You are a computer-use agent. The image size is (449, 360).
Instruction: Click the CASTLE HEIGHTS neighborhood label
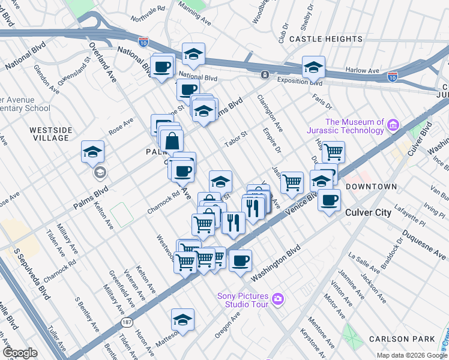(318, 38)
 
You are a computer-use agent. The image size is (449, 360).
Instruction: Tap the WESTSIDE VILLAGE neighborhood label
(51, 134)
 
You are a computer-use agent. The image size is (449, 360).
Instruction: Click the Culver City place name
(369, 212)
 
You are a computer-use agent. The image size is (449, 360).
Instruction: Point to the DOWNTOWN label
(372, 187)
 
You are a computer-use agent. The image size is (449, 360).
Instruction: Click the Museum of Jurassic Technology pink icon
(393, 125)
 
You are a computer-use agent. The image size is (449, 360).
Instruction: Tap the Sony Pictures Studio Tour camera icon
(277, 299)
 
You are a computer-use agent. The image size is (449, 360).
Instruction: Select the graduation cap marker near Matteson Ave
(183, 319)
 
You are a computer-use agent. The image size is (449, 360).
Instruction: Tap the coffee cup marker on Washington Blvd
(240, 260)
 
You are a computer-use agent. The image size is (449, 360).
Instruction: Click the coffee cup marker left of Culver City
(328, 200)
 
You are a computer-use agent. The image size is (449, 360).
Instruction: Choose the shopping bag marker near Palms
(172, 142)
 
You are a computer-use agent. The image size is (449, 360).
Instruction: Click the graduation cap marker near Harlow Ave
(313, 67)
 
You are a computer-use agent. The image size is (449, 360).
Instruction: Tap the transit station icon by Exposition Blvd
(264, 75)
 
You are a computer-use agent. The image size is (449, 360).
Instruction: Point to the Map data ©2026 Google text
(411, 355)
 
